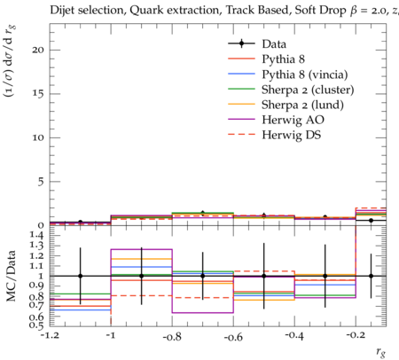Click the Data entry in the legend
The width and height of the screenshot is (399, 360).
click(x=274, y=44)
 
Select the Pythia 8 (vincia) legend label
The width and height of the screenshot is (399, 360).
click(x=305, y=74)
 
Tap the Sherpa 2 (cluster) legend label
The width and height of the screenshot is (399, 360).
click(x=308, y=90)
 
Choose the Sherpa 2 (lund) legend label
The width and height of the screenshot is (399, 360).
click(x=302, y=105)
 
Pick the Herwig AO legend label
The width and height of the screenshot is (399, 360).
click(x=293, y=120)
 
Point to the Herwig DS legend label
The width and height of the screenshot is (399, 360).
click(x=292, y=135)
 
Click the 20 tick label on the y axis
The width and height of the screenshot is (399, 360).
click(x=38, y=50)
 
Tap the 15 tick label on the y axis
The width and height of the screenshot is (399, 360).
click(x=38, y=94)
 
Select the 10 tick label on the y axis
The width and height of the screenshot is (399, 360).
click(x=38, y=137)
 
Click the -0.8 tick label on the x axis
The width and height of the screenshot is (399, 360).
click(x=172, y=337)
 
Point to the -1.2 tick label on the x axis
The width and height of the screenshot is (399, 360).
click(x=50, y=335)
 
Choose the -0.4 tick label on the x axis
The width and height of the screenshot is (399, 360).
click(x=294, y=336)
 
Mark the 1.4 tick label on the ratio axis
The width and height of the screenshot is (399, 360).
click(x=35, y=235)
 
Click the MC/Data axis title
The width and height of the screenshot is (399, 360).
click(x=11, y=276)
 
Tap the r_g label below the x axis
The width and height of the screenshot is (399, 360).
click(x=381, y=352)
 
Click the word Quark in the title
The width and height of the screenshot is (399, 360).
click(x=145, y=10)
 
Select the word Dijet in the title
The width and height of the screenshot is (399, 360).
click(x=59, y=11)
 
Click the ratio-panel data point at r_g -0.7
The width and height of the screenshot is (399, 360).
click(x=203, y=276)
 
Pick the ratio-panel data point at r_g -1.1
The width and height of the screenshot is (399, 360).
click(x=80, y=276)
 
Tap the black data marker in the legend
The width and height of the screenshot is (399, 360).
click(x=241, y=43)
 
